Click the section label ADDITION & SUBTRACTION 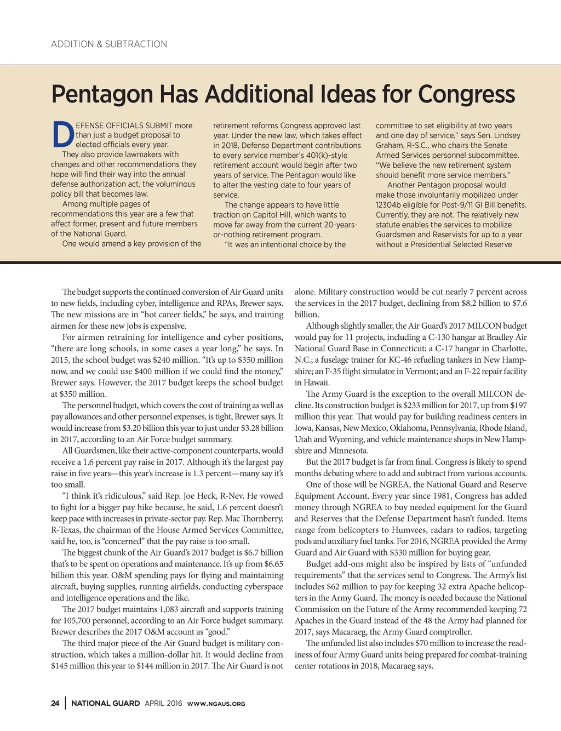tap(109, 44)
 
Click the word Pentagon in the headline tap(102, 94)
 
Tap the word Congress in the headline tap(466, 94)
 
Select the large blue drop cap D tap(62, 134)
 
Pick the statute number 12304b tap(391, 205)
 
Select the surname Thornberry tap(260, 518)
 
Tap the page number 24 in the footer tap(55, 704)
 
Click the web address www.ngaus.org tap(216, 704)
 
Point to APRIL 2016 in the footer tap(163, 704)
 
